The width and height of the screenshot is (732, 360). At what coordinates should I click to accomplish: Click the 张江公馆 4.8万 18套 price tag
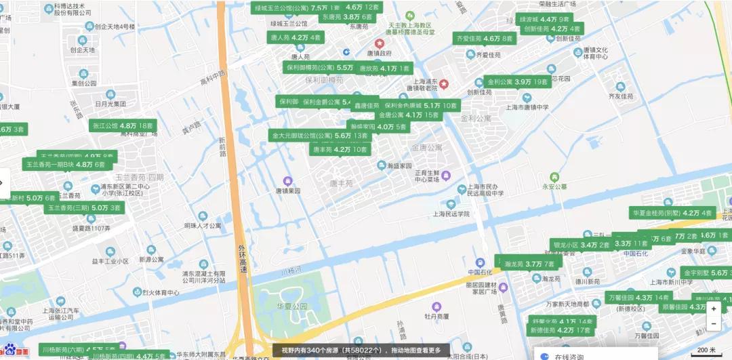click(x=123, y=126)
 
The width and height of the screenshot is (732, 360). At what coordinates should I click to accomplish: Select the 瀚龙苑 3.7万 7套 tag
click(x=529, y=264)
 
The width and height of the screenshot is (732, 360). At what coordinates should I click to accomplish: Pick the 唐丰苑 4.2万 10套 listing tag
click(x=340, y=149)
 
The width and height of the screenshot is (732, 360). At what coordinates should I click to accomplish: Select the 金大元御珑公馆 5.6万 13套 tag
click(x=320, y=136)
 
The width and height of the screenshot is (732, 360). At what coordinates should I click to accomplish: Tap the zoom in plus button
click(x=714, y=308)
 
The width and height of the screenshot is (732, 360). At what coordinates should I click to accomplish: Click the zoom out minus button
click(x=714, y=323)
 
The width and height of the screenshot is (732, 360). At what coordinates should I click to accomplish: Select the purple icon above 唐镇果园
click(x=287, y=181)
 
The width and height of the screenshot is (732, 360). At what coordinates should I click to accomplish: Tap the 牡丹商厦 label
click(x=437, y=315)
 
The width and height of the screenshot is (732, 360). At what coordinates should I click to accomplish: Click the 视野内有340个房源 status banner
click(x=365, y=351)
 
